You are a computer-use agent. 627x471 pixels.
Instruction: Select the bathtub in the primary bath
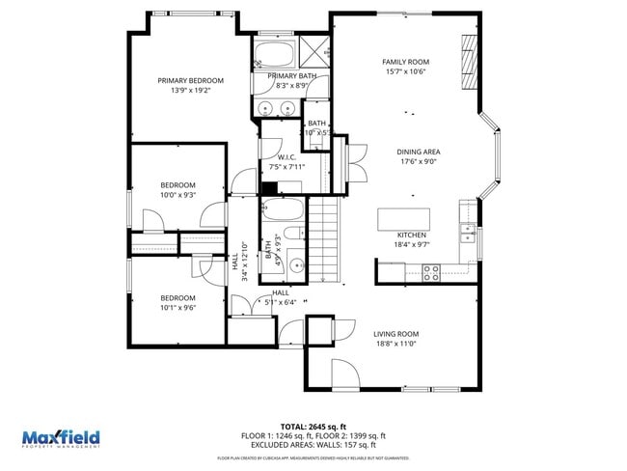pos(277,52)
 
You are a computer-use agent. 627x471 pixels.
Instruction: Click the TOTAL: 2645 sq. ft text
pos(313,426)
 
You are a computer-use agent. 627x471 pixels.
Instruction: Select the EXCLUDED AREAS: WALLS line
pos(313,446)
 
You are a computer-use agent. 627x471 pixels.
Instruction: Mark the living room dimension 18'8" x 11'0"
pos(395,344)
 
